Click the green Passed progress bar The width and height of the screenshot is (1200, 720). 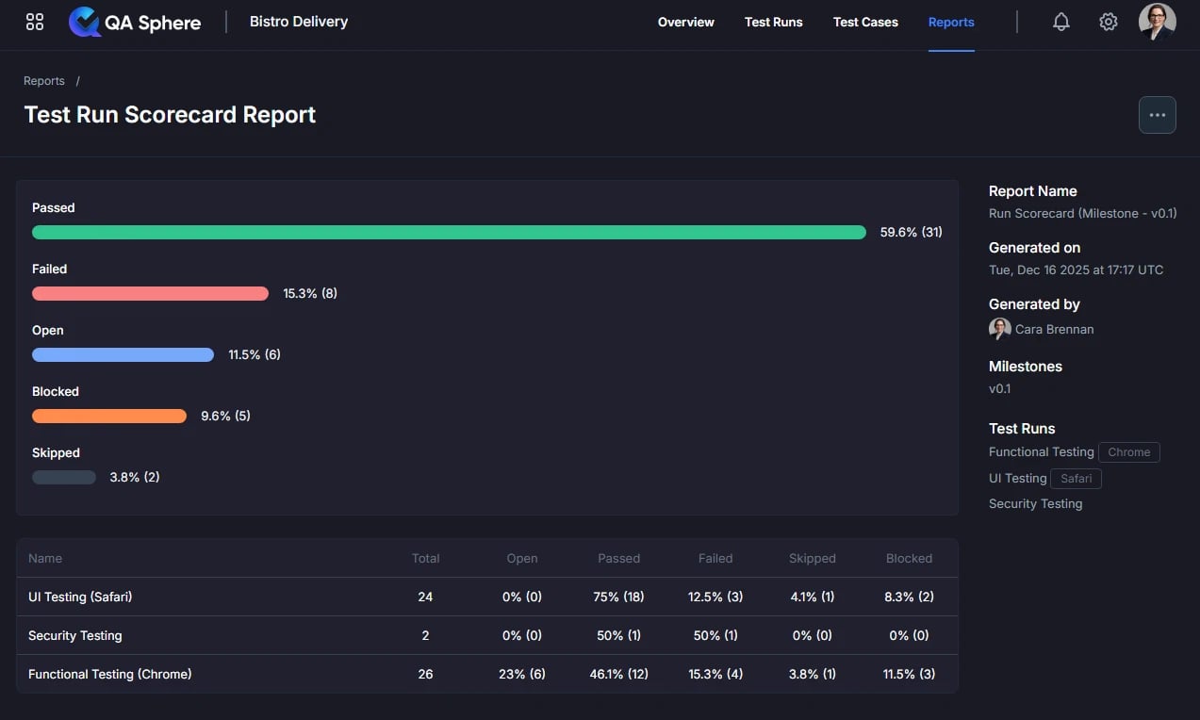[449, 232]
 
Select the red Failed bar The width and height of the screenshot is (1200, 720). [150, 294]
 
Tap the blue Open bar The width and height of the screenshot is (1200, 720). [123, 354]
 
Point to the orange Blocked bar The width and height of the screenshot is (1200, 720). [109, 417]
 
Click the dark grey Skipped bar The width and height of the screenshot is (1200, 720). [64, 477]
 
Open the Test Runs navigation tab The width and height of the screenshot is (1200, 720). [774, 22]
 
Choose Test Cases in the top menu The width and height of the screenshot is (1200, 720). [865, 22]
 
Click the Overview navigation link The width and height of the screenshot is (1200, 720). [685, 22]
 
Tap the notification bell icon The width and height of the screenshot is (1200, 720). [1060, 22]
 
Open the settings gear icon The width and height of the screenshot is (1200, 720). [1108, 22]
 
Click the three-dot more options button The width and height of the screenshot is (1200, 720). [1158, 115]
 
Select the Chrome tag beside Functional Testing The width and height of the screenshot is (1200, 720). [1128, 452]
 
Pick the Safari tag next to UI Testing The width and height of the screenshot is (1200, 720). [1076, 479]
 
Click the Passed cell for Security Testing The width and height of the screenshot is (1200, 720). [618, 635]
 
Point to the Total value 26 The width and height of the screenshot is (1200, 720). [425, 674]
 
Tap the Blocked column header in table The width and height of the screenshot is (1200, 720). [909, 558]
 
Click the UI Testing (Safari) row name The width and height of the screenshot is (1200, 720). [80, 597]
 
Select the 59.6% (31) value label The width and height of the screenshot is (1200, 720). [912, 232]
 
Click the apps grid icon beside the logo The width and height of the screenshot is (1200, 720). [35, 22]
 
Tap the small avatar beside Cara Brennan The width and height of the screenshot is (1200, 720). [999, 329]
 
